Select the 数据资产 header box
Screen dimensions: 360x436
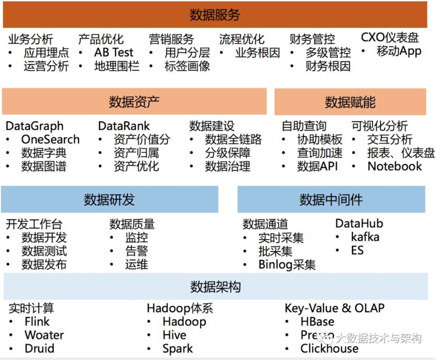134,101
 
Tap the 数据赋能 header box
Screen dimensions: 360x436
350,102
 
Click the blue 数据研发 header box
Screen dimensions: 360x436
109,199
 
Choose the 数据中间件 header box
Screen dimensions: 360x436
331,199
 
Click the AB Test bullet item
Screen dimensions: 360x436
114,52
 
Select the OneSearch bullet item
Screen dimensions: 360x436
50,140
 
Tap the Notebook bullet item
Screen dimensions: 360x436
395,166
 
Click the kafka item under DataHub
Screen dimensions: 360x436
365,237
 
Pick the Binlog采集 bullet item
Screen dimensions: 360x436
287,265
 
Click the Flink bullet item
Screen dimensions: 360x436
37,322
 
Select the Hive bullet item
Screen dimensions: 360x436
174,335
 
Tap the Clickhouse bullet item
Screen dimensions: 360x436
329,348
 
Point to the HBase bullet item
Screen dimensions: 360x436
317,322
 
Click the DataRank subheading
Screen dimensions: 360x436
124,126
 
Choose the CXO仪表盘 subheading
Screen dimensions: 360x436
390,38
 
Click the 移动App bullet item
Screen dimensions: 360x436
398,52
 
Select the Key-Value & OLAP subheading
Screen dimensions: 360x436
335,308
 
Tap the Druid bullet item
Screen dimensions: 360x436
39,348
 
